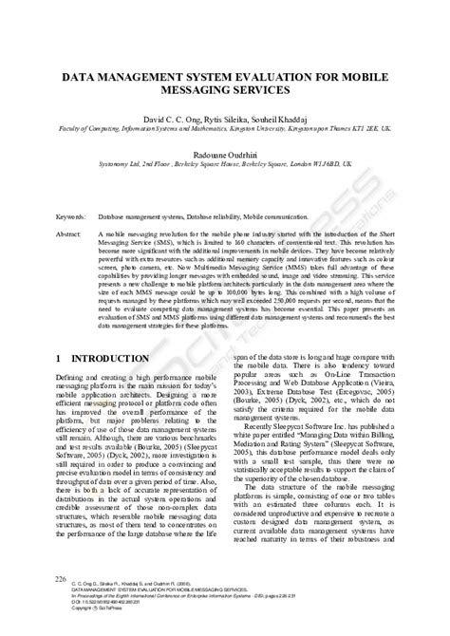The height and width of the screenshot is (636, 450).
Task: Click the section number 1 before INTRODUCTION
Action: point(60,333)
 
